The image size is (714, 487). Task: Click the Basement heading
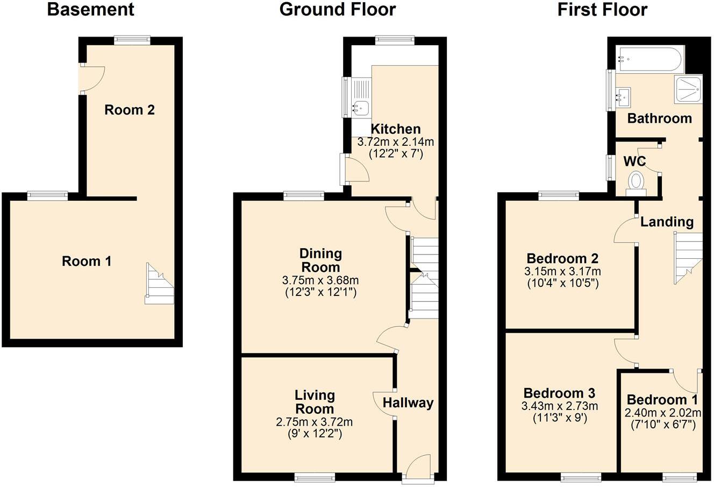(90, 10)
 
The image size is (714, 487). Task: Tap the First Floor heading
(602, 10)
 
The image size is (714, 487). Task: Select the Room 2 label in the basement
(130, 110)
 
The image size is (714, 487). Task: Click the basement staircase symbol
(160, 284)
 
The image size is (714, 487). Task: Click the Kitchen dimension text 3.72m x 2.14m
(396, 142)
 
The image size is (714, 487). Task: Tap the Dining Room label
(320, 260)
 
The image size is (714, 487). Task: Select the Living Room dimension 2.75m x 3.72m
(314, 422)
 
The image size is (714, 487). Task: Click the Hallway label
(408, 403)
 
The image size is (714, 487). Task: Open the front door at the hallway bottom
(418, 467)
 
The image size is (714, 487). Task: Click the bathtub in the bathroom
(649, 60)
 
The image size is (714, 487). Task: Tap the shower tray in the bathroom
(689, 89)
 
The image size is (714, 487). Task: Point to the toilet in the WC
(637, 181)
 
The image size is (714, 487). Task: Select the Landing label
(667, 222)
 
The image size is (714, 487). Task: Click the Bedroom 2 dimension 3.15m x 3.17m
(562, 271)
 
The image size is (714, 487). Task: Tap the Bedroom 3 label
(560, 393)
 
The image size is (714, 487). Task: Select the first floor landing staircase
(688, 257)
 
